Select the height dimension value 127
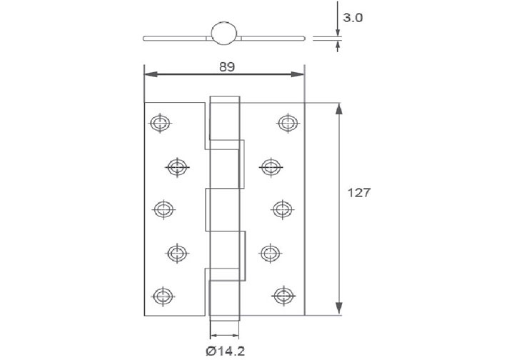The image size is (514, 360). (x=358, y=193)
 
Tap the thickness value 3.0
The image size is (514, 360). (x=353, y=18)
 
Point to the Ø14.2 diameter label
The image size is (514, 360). (x=223, y=350)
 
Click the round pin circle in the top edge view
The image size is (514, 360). (x=223, y=34)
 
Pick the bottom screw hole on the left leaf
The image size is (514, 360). (x=163, y=294)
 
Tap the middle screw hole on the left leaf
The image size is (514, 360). (x=163, y=209)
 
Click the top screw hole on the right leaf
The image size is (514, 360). (x=287, y=122)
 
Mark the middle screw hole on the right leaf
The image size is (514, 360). (x=283, y=209)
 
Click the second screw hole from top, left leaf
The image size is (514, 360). (x=177, y=167)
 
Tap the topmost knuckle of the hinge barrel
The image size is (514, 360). (x=223, y=121)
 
